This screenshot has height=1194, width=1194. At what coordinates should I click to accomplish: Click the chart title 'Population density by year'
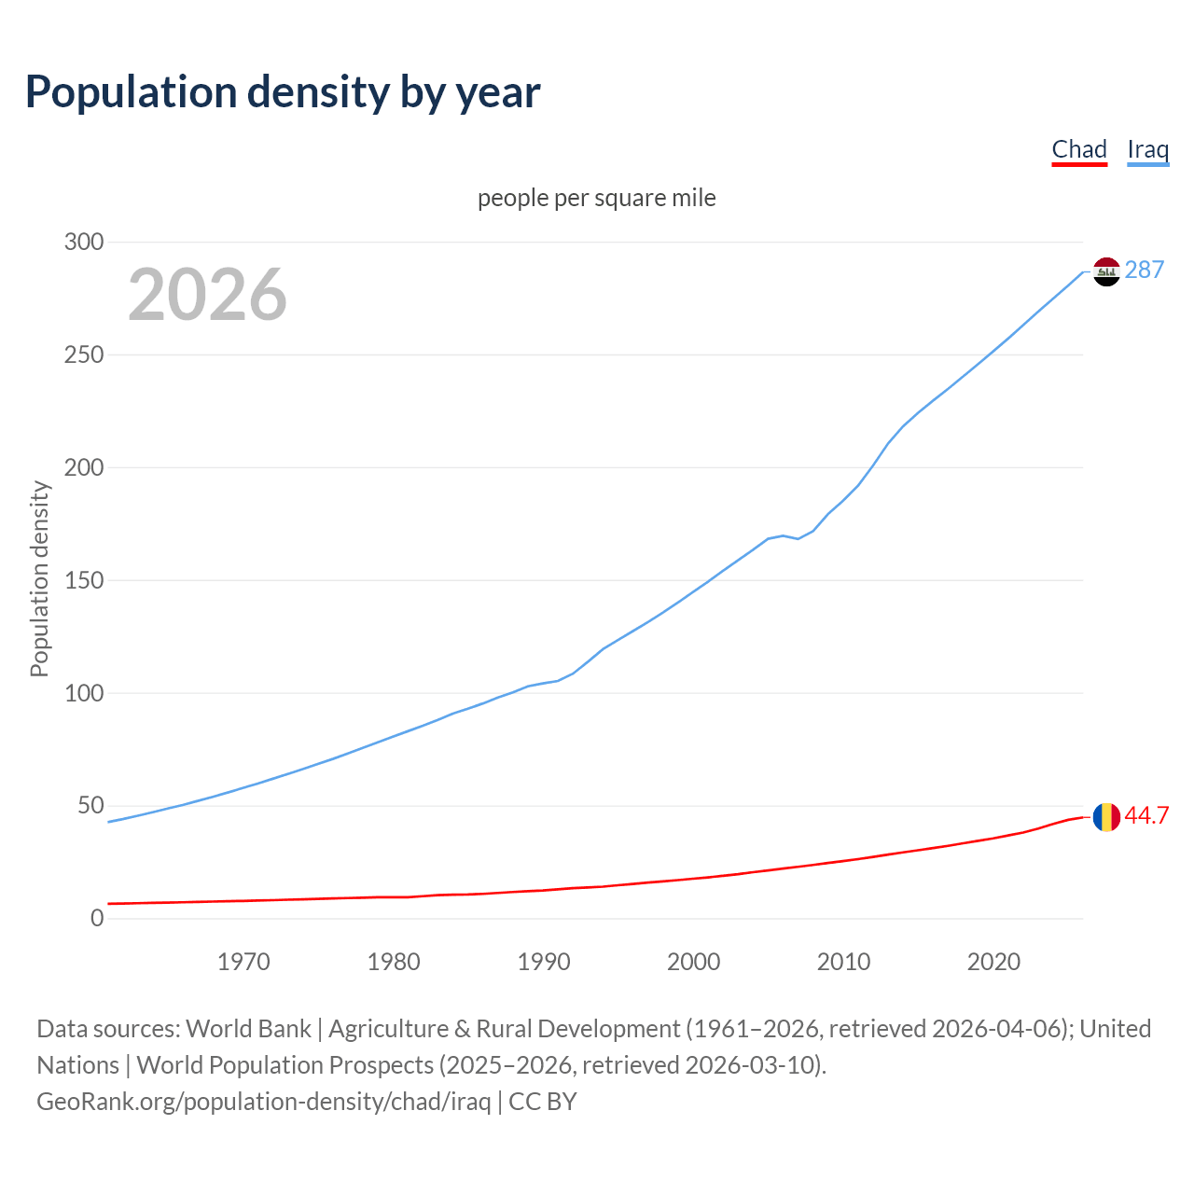(x=283, y=92)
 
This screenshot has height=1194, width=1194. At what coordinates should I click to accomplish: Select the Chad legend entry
(x=1079, y=149)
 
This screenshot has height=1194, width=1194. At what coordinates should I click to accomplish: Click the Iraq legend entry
(x=1147, y=149)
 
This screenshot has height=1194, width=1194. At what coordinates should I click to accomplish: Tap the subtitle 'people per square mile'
(x=597, y=199)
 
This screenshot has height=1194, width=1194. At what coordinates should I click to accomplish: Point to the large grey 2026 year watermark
(x=207, y=295)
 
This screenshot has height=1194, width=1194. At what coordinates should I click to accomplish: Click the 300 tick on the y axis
(x=84, y=243)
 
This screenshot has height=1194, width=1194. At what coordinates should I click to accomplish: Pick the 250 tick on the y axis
(x=84, y=355)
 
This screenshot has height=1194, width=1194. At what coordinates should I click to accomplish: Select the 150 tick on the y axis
(x=84, y=580)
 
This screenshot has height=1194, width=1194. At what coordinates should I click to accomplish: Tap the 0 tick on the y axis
(x=97, y=919)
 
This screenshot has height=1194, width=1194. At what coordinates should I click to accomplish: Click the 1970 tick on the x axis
(x=243, y=962)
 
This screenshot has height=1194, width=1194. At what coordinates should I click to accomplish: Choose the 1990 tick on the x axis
(x=544, y=962)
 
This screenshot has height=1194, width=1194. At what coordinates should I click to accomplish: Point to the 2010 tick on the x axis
(x=843, y=962)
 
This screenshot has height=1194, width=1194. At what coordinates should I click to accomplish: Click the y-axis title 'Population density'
(x=39, y=578)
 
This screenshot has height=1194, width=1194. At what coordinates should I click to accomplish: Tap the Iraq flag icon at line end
(x=1106, y=271)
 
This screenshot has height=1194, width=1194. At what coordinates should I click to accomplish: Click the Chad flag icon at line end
(x=1106, y=817)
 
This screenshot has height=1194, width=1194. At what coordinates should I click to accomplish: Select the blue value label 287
(x=1145, y=271)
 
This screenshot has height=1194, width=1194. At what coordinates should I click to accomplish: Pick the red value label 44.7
(x=1146, y=816)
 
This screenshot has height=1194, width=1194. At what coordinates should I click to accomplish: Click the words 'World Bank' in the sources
(x=248, y=1029)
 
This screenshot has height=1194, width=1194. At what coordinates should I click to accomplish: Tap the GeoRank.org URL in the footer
(x=264, y=1102)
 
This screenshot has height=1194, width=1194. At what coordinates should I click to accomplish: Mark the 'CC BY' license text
(x=543, y=1102)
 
